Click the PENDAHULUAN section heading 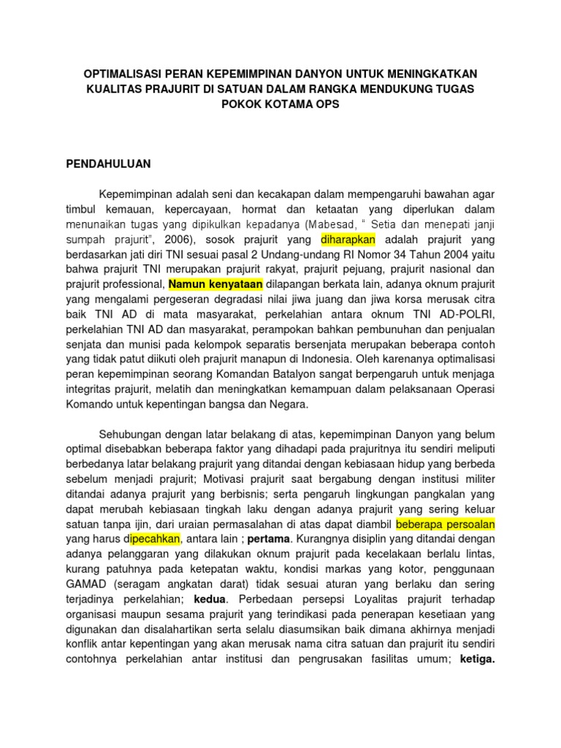click(x=108, y=164)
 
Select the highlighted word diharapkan click(x=348, y=240)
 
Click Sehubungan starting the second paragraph click(x=131, y=435)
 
